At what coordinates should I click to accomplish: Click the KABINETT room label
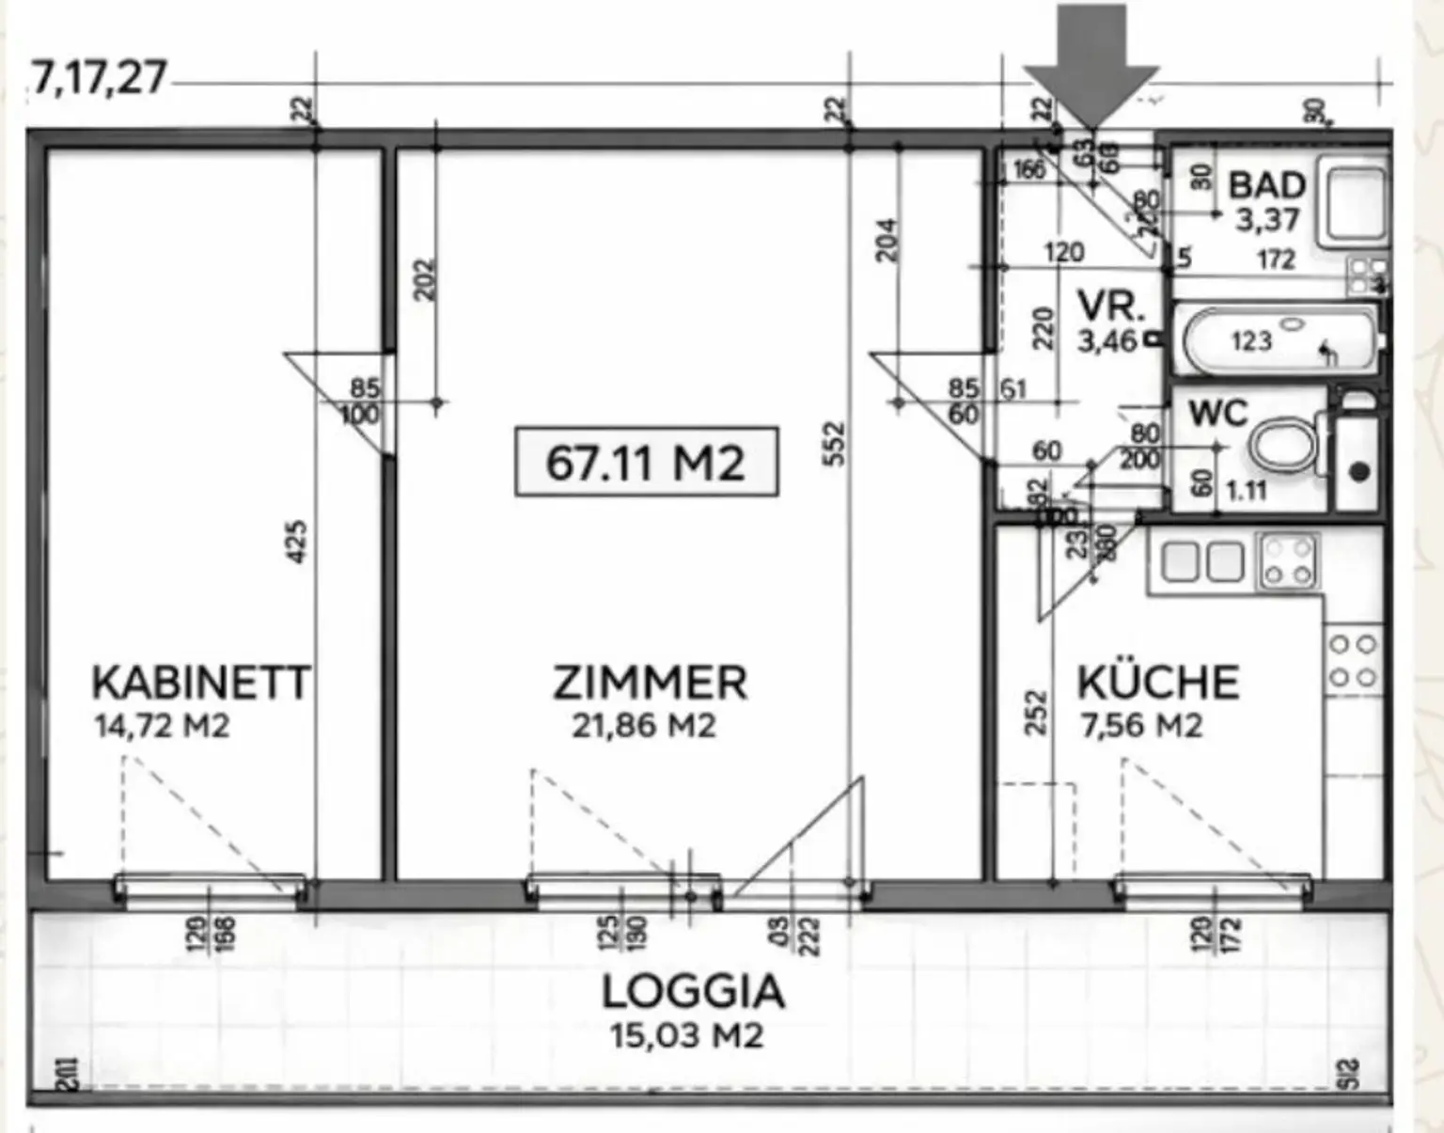200,683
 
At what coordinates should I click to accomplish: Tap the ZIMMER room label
650,683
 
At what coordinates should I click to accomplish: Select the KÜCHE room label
1157,683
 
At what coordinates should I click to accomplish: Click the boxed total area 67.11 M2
646,462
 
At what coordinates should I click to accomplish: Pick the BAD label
1266,185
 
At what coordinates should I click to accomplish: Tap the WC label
1217,413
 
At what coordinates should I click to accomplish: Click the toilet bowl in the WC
1283,444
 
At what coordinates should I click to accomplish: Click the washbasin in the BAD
1355,202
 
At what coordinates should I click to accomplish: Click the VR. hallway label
1110,307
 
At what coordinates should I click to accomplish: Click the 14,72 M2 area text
162,727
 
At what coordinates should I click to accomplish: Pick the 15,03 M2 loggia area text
686,1036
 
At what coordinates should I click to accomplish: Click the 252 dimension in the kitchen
1036,713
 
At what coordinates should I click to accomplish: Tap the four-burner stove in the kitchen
1289,561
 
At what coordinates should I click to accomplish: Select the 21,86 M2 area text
644,727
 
